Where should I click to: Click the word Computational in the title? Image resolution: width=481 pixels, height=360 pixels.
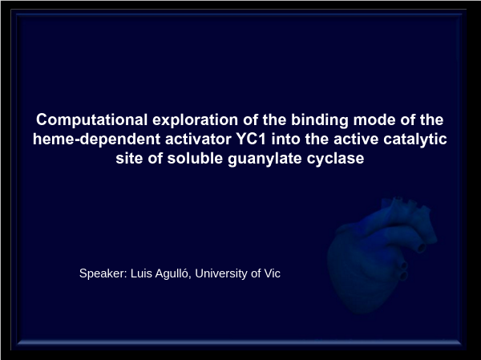pyautogui.click(x=91, y=120)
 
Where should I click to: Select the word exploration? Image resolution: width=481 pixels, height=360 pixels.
pyautogui.click(x=195, y=120)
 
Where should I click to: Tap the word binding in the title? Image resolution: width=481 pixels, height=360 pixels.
pyautogui.click(x=320, y=120)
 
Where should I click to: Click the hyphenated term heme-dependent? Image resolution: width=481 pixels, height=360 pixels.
pyautogui.click(x=96, y=140)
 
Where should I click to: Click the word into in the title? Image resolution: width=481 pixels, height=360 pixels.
pyautogui.click(x=285, y=139)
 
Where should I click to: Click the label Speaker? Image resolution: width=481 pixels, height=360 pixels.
pyautogui.click(x=103, y=273)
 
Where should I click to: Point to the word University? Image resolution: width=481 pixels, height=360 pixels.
pyautogui.click(x=221, y=273)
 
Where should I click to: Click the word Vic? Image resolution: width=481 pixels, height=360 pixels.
pyautogui.click(x=272, y=273)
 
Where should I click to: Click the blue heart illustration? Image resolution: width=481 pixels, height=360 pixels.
pyautogui.click(x=380, y=255)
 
